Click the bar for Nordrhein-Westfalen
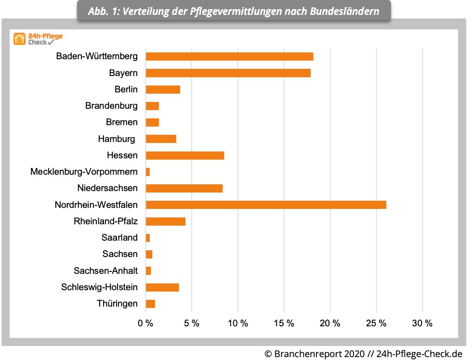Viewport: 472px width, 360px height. pos(266,205)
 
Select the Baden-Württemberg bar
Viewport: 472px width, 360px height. pos(229,56)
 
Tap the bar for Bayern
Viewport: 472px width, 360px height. pos(228,73)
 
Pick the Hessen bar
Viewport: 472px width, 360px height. pos(184,155)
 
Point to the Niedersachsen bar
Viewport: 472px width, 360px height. pos(184,188)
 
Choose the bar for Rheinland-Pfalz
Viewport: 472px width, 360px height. pos(165,221)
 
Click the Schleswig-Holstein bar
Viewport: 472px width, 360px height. pos(162,287)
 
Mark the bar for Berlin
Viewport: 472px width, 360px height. pos(163,90)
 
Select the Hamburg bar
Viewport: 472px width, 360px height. pos(161,139)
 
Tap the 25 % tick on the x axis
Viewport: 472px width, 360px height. pos(376,323)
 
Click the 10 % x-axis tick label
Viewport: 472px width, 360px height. pos(238,323)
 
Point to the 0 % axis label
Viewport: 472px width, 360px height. pos(145,323)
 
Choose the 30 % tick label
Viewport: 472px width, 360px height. pos(422,323)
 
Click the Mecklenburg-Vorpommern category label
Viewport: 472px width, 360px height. pos(84,172)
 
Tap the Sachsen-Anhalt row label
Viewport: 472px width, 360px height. pos(105,271)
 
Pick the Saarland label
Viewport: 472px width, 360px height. pos(119,238)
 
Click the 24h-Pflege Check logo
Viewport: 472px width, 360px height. pos(38,39)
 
